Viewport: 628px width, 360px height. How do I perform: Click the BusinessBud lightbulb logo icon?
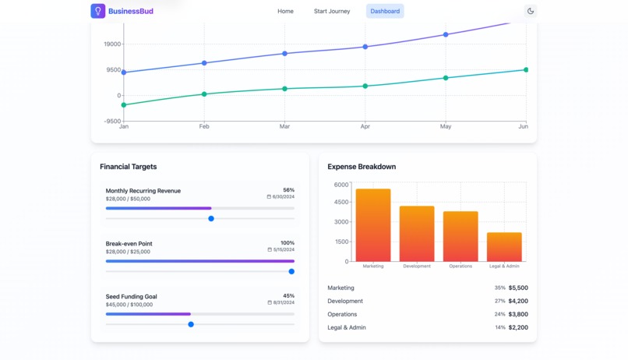[97, 11]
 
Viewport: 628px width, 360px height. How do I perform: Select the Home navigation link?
[285, 12]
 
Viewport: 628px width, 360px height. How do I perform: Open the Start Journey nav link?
[332, 12]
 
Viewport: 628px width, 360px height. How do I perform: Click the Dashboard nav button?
[385, 12]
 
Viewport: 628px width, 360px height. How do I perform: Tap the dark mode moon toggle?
[531, 12]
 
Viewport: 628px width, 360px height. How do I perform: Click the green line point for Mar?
[284, 89]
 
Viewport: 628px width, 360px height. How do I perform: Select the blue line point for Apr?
[365, 47]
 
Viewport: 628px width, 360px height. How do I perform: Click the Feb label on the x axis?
[204, 126]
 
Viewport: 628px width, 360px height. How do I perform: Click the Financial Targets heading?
[128, 167]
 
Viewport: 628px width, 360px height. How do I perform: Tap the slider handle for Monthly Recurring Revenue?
[211, 219]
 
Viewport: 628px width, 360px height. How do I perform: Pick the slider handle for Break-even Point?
[291, 272]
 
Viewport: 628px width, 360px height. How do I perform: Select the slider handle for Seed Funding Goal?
[191, 325]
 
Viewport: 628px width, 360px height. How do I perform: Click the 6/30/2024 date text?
[283, 197]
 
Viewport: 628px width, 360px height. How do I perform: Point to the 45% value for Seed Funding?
[288, 296]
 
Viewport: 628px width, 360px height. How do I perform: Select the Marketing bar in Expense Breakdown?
[373, 225]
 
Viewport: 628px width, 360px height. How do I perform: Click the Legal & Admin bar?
[504, 247]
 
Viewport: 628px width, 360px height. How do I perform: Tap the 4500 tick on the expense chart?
[340, 203]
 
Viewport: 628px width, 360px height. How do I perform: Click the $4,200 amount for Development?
[517, 301]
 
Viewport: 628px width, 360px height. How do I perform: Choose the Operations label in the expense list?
[342, 314]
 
